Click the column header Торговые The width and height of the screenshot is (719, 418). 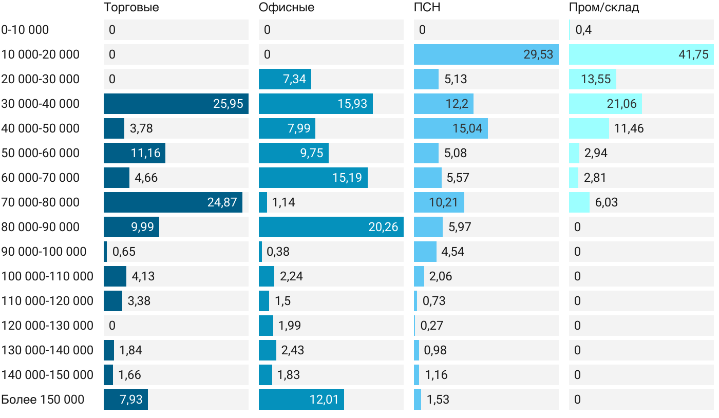(x=131, y=8)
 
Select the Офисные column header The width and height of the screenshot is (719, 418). (x=286, y=8)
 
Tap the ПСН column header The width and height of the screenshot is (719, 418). (x=427, y=8)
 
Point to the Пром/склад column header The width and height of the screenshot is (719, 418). (x=603, y=8)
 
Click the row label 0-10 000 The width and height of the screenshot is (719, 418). (x=25, y=30)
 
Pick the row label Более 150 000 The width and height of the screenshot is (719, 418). (x=43, y=400)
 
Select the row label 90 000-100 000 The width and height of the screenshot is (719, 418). (x=44, y=252)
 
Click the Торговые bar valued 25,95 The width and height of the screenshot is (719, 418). (x=176, y=104)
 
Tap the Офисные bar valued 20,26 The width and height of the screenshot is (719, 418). (x=331, y=227)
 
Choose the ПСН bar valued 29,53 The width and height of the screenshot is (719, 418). (x=486, y=54)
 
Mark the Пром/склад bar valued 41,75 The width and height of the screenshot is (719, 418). (x=641, y=54)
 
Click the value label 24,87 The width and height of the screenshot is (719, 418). (x=222, y=202)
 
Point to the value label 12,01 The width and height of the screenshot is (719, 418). (x=324, y=400)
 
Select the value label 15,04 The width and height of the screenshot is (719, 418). (x=467, y=128)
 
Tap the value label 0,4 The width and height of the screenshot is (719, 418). (x=583, y=30)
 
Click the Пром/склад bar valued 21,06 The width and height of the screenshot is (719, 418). (x=606, y=104)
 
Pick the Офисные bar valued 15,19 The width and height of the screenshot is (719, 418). (x=313, y=178)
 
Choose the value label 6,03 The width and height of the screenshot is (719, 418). (x=607, y=202)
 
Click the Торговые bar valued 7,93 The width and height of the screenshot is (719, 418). (x=126, y=400)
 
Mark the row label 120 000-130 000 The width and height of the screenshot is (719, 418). (x=47, y=326)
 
